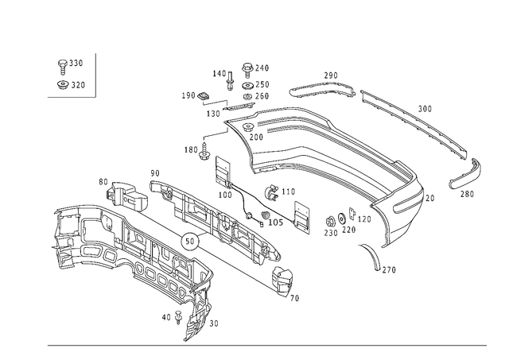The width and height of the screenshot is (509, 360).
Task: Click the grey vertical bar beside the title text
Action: [95, 74]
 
